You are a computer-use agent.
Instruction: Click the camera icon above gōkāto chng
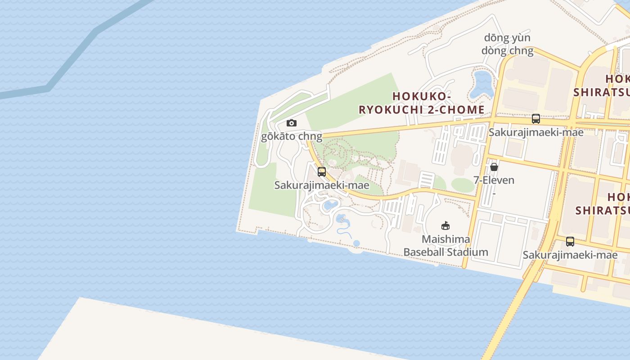pos(292,123)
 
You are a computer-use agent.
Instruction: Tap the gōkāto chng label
pos(292,136)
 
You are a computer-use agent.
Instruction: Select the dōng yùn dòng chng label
pos(507,44)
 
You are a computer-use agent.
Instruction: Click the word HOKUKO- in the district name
pos(422,96)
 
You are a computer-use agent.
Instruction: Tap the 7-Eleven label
pos(494,180)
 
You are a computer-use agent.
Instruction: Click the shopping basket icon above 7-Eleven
pos(494,167)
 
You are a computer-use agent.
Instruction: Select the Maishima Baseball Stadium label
pos(445,246)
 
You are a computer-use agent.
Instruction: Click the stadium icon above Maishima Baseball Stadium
pos(445,225)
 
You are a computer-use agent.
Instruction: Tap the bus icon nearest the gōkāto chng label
pos(321,171)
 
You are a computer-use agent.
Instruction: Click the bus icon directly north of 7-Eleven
pos(535,119)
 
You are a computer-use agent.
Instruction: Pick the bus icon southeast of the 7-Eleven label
pos(570,242)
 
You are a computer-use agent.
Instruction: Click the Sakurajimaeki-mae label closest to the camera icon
pos(321,185)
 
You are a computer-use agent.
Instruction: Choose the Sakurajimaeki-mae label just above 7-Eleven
pos(535,132)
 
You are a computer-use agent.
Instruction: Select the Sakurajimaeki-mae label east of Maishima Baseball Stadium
pos(570,255)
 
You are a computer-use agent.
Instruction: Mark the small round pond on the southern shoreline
pos(356,243)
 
